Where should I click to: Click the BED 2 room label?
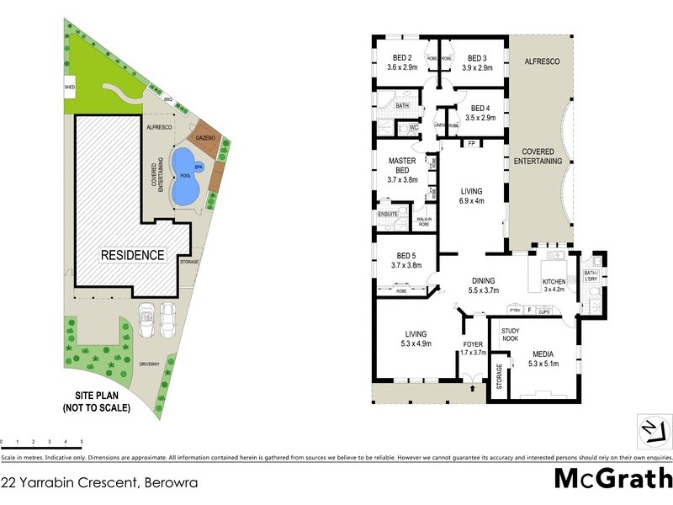[401, 58]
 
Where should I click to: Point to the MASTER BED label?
[402, 165]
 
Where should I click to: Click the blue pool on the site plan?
[184, 178]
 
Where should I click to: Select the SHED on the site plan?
[70, 87]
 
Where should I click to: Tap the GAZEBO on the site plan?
[206, 137]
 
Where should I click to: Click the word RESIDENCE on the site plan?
[133, 255]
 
